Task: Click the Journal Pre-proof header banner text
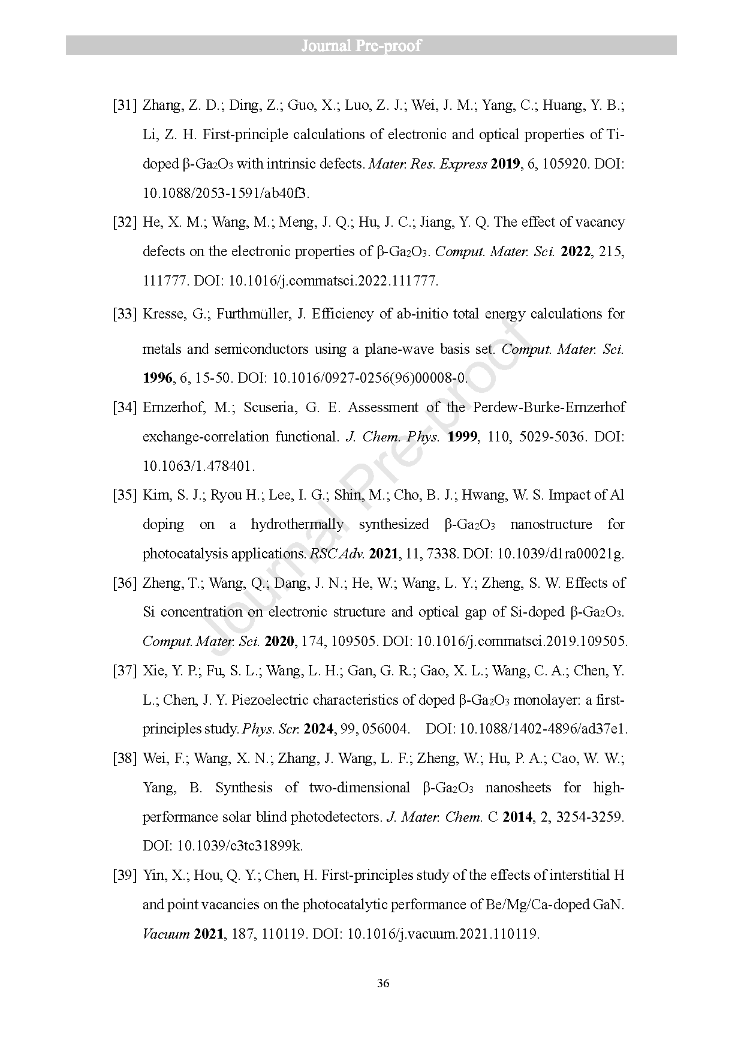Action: click(x=361, y=46)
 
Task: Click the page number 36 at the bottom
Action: click(x=384, y=983)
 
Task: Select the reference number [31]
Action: click(x=125, y=106)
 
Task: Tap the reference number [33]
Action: click(x=125, y=314)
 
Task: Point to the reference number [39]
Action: click(x=125, y=875)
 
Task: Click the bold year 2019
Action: click(x=505, y=164)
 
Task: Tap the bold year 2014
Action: click(x=517, y=817)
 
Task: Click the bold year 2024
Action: click(x=319, y=729)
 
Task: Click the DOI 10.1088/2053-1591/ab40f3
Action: click(x=227, y=193)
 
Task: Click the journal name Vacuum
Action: click(x=166, y=934)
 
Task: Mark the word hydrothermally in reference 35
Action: click(x=297, y=524)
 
